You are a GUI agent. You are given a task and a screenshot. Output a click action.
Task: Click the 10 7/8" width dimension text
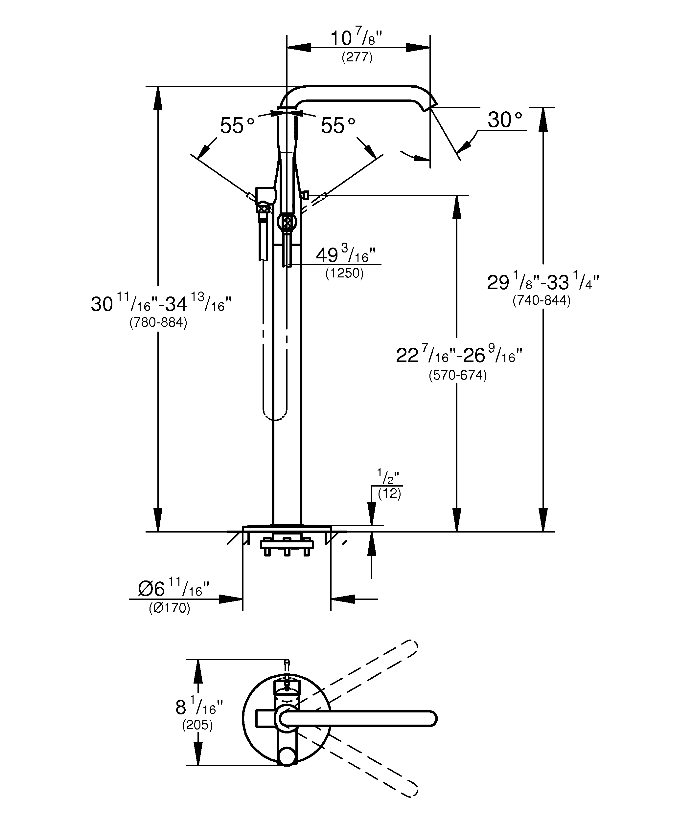pyautogui.click(x=356, y=39)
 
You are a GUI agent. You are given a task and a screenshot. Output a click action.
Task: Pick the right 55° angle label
pyautogui.click(x=338, y=125)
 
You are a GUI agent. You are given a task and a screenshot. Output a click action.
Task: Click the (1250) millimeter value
pyautogui.click(x=344, y=273)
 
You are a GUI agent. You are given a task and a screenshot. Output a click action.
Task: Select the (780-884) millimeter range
pyautogui.click(x=158, y=322)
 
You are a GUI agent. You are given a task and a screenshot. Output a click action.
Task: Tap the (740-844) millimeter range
pyautogui.click(x=542, y=300)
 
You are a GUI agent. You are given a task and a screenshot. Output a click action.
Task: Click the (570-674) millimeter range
pyautogui.click(x=458, y=375)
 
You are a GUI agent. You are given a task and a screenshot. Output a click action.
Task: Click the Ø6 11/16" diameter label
pyautogui.click(x=173, y=589)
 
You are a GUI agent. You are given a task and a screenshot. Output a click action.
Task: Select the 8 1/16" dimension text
pyautogui.click(x=199, y=708)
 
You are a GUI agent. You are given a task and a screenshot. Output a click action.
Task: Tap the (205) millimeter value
pyautogui.click(x=197, y=725)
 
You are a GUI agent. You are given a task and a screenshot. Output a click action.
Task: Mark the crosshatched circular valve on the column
pyautogui.click(x=287, y=221)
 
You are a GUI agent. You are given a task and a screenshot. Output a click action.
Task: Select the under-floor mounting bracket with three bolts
pyautogui.click(x=287, y=545)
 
